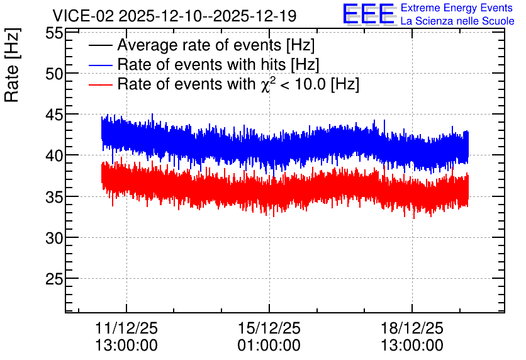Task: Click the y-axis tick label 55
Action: [x=54, y=33]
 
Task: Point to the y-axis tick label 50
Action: [x=54, y=74]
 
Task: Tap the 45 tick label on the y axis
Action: [x=54, y=115]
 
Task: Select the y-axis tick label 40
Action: [x=54, y=156]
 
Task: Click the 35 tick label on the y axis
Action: [x=54, y=197]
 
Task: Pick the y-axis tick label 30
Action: [x=54, y=238]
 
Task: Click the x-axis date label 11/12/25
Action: [x=126, y=328]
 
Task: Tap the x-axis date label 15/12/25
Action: [x=269, y=328]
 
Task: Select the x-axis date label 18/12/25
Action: [x=412, y=328]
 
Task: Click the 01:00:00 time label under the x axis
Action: [x=269, y=346]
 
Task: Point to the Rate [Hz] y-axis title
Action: [x=12, y=65]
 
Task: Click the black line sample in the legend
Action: [x=101, y=45]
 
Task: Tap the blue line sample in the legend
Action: [x=101, y=65]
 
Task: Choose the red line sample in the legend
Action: [x=101, y=84]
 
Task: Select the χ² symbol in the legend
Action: [x=266, y=84]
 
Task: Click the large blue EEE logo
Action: [x=369, y=14]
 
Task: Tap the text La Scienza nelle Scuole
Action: [x=457, y=21]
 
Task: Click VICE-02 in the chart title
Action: [x=84, y=16]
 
